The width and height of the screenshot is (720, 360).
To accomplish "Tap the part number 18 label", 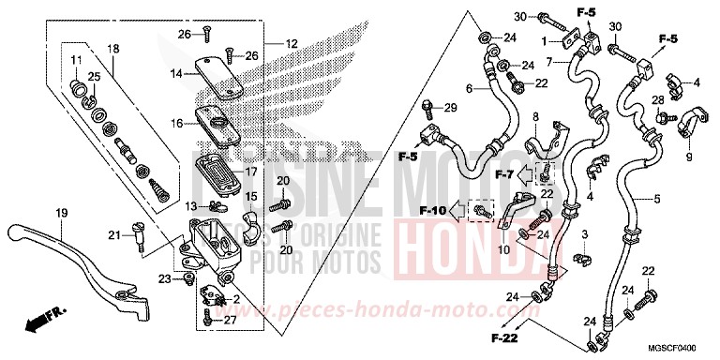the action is tap(113, 49).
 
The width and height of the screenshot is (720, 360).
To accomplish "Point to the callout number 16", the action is tap(177, 123).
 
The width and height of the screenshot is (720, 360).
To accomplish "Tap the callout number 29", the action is tap(450, 109).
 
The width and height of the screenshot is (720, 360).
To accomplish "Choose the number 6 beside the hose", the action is tap(467, 89).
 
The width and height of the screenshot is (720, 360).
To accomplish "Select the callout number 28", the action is tap(658, 100).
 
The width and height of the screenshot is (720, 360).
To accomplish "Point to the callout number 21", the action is tap(113, 234).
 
